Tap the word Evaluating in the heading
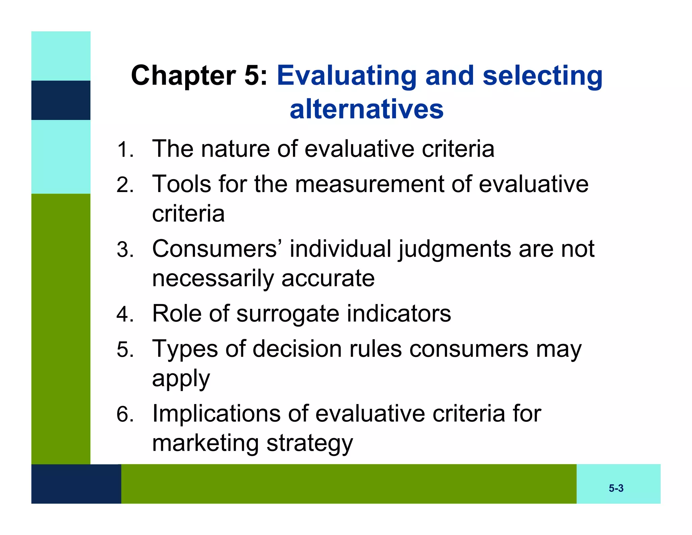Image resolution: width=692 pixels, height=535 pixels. coord(347,76)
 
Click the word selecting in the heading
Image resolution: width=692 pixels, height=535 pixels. coord(542,76)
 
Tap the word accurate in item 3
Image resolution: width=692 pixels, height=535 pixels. coord(328,279)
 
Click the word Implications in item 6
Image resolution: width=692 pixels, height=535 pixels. coord(216,414)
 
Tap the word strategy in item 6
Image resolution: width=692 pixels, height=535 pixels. coord(310,444)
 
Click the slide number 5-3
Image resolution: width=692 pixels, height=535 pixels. coord(616,488)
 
